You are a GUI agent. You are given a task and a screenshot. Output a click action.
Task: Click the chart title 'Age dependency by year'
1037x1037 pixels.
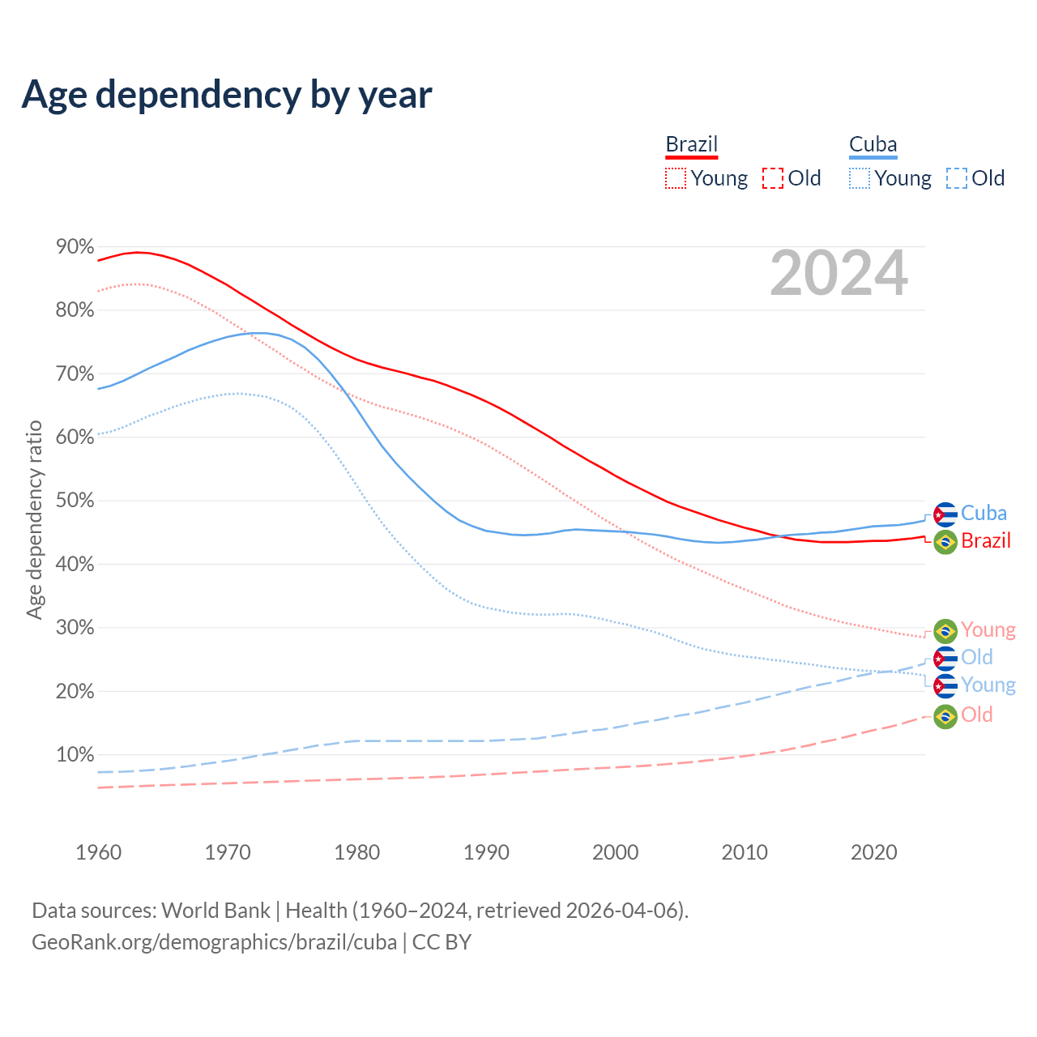(x=227, y=95)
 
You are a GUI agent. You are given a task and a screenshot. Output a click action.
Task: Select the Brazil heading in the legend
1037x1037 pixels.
(x=691, y=144)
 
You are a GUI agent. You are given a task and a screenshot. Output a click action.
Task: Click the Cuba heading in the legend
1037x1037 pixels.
(x=873, y=144)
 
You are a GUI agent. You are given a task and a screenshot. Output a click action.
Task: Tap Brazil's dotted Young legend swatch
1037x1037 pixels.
(x=675, y=178)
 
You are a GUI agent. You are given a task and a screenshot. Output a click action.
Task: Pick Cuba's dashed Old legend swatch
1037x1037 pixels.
(x=956, y=178)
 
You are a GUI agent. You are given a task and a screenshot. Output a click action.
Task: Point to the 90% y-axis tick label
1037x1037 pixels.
(x=75, y=247)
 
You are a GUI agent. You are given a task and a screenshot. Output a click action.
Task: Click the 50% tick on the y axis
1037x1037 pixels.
(x=75, y=501)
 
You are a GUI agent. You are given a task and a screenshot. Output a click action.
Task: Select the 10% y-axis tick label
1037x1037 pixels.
(x=75, y=755)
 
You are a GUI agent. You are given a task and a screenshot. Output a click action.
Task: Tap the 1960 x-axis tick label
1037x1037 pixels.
(x=98, y=852)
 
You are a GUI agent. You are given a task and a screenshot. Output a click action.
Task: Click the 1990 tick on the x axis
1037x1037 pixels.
(x=486, y=852)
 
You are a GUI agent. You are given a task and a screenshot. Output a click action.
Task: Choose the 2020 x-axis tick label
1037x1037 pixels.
(x=873, y=852)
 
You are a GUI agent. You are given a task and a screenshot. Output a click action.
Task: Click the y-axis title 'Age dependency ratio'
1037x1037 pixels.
(x=34, y=519)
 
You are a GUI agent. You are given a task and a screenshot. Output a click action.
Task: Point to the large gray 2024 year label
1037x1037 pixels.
(x=839, y=274)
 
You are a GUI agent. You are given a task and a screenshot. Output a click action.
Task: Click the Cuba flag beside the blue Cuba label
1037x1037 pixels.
(x=945, y=514)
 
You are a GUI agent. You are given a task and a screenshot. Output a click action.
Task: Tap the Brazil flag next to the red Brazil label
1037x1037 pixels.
(x=945, y=541)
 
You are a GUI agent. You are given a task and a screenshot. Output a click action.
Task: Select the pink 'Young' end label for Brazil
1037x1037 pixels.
(x=988, y=630)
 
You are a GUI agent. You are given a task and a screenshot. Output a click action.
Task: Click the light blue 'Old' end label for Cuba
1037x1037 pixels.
(x=976, y=657)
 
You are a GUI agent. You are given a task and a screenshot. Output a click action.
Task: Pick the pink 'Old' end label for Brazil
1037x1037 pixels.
(x=976, y=715)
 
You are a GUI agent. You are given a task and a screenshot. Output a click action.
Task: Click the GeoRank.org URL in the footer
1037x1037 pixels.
(x=214, y=942)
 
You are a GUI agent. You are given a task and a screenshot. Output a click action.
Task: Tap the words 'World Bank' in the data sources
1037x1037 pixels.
(x=216, y=911)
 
